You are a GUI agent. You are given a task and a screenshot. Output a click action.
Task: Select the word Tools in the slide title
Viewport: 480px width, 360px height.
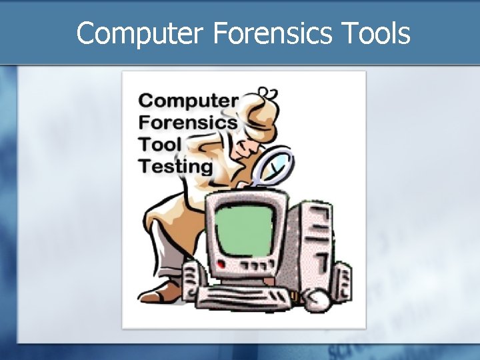[x=378, y=33]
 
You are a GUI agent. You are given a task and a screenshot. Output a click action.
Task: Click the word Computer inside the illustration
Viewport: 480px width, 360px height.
[x=188, y=101]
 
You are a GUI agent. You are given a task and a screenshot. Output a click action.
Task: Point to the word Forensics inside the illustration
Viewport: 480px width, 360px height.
[x=188, y=123]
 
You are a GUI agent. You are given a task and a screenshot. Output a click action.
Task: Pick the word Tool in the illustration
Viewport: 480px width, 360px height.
[x=160, y=143]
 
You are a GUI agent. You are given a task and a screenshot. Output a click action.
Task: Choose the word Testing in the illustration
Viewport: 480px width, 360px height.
[x=175, y=165]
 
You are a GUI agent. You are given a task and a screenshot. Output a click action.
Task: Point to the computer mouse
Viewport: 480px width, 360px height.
[x=318, y=301]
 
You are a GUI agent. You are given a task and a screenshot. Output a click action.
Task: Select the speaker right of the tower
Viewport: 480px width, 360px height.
[x=343, y=279]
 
